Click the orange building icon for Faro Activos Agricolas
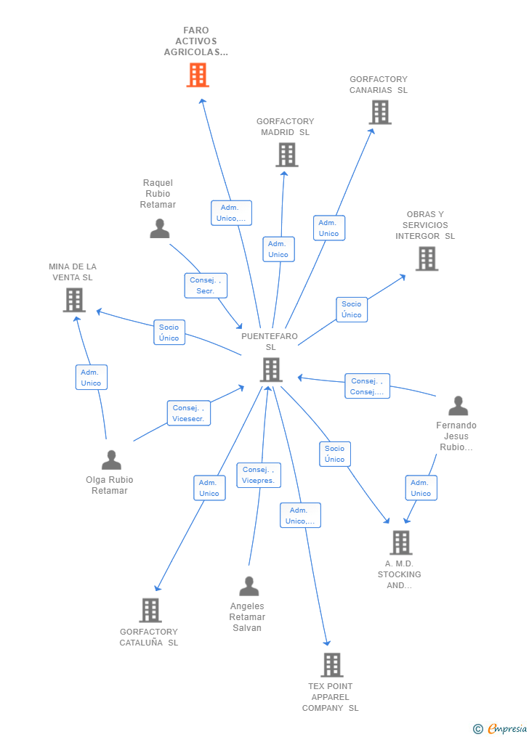coord(198,75)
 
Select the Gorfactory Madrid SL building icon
coord(286,155)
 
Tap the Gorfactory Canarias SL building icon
coord(380,113)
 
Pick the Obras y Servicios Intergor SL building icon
coord(427,258)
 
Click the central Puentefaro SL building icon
coord(270,370)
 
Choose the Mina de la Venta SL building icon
coord(74,300)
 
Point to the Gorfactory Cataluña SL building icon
coord(150,610)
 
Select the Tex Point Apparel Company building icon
coord(331,664)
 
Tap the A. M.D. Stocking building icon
coord(400,542)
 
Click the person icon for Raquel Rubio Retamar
coord(159,229)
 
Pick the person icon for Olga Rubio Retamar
coord(111,460)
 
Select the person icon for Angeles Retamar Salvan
coord(249,586)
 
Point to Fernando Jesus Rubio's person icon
coord(458,406)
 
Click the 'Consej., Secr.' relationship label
coord(206,285)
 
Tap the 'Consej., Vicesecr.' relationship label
coord(189,413)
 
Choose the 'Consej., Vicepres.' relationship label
coord(259,475)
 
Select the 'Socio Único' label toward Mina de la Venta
coord(169,333)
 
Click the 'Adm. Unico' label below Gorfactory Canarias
coord(329,228)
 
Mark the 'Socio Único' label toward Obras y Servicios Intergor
coord(352,309)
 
